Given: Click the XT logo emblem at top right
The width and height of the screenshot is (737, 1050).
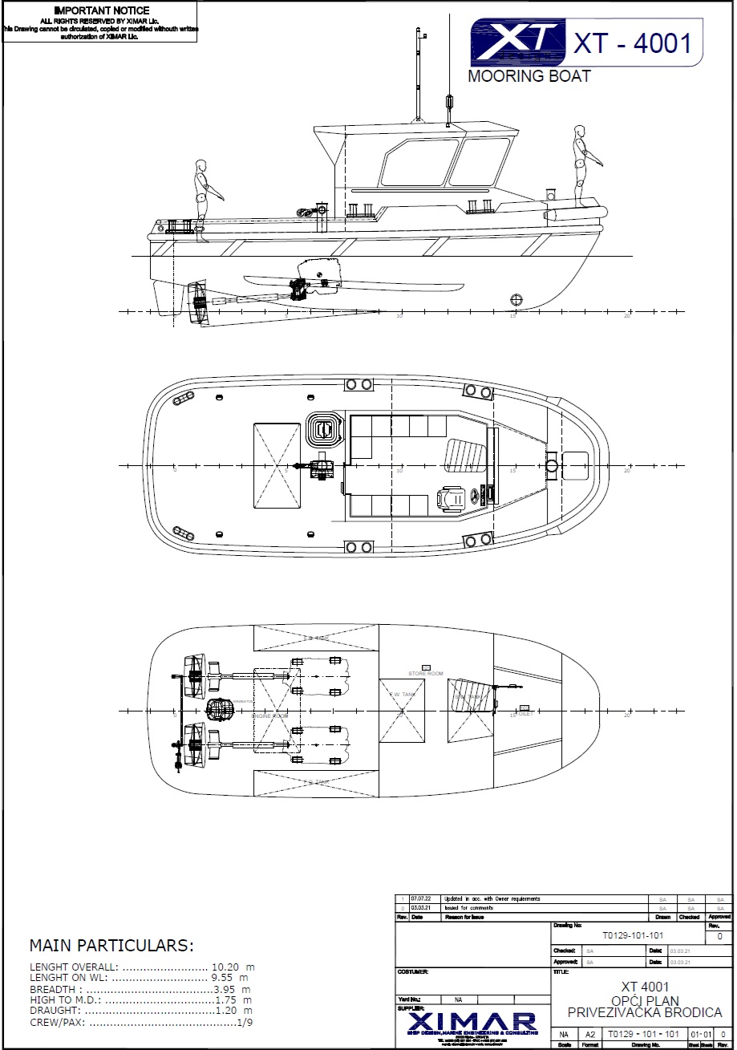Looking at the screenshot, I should pos(517,42).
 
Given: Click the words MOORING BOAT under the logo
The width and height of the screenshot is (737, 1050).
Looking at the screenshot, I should pos(529,76).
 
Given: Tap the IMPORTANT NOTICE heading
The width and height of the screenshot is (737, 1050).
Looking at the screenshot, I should pos(101,10).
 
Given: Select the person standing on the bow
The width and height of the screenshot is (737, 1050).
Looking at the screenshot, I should pos(581,164).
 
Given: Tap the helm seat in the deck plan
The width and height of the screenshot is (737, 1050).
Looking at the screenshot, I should pos(451,500).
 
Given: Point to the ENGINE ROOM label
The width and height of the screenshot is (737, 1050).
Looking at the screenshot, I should pos(269,716).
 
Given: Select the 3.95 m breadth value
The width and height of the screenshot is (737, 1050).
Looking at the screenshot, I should pos(233,989).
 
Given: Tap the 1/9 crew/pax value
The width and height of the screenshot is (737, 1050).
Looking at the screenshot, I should pos(245,1023).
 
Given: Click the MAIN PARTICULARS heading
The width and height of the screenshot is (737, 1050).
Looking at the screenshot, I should pos(111,945).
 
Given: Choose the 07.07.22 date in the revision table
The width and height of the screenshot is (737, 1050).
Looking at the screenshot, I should pos(420,899).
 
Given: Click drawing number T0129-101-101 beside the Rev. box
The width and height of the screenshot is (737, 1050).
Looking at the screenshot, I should pos(633,935).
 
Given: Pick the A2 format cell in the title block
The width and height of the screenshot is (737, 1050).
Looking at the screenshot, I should pos(589,1035).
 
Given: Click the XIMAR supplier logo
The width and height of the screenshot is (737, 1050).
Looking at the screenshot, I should pos(472,1023).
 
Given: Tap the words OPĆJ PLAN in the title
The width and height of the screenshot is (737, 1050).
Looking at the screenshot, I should pos(645,1001).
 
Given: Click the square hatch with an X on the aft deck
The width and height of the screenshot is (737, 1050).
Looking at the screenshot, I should pos(276,465).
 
